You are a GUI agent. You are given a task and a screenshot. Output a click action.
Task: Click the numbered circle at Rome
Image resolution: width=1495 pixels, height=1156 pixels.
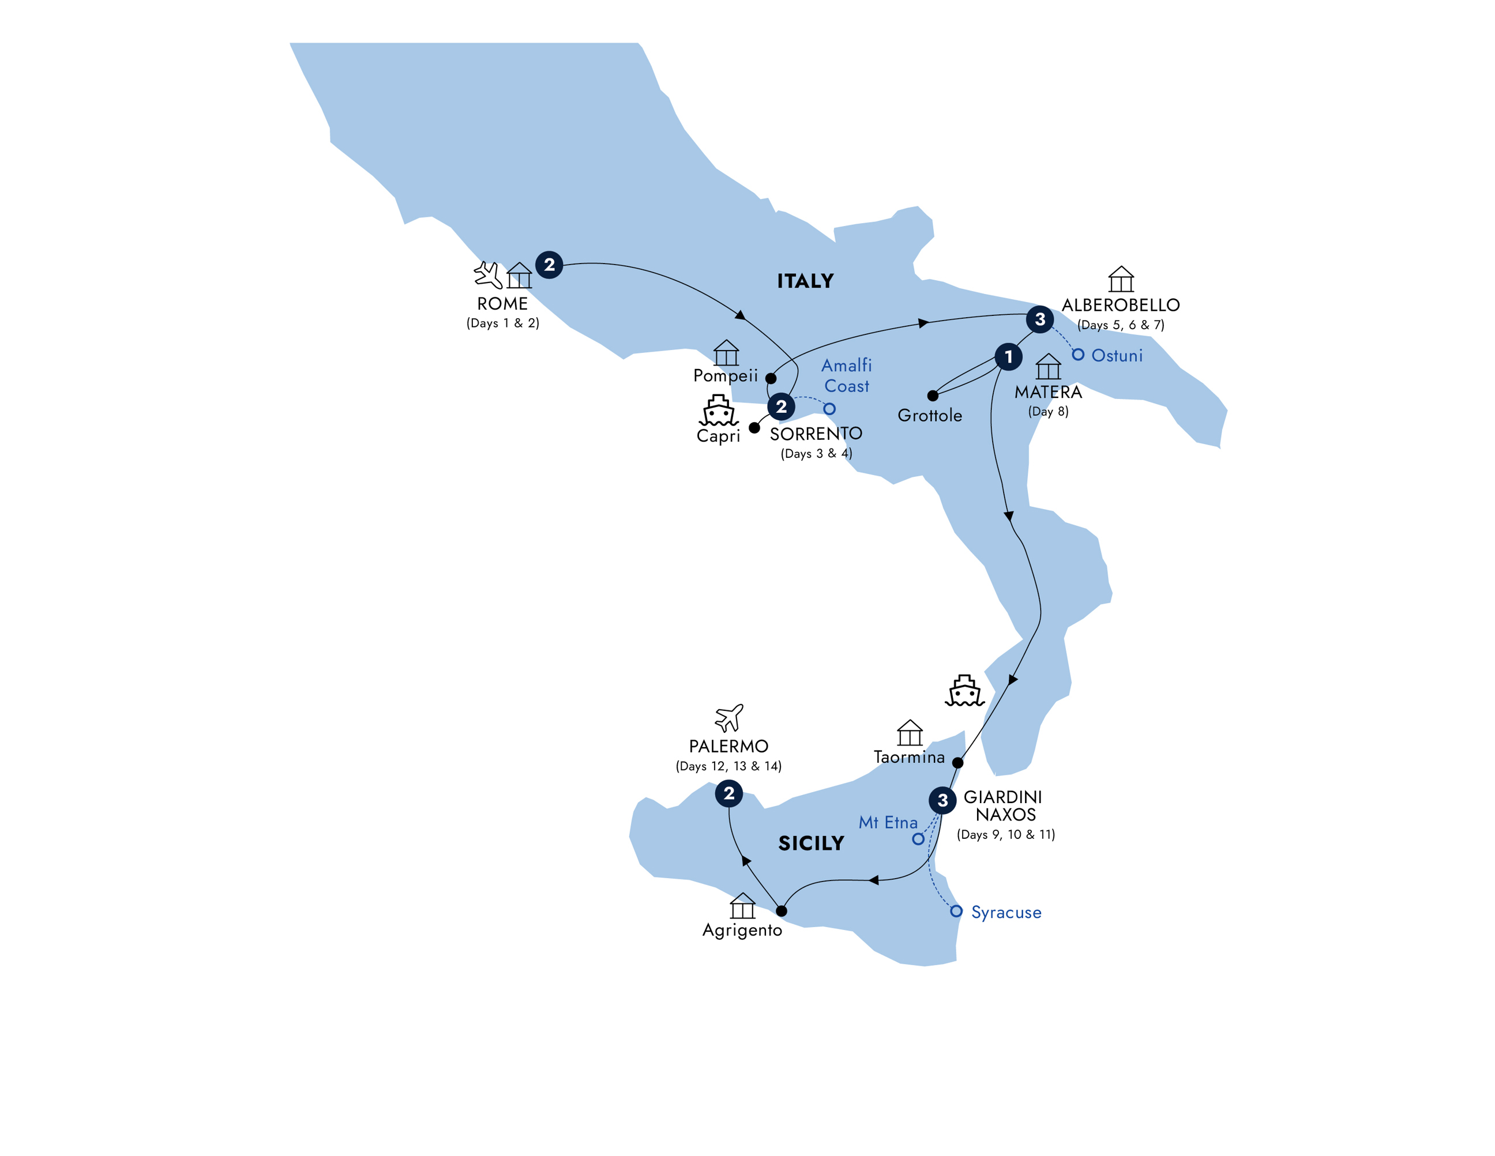pyautogui.click(x=549, y=265)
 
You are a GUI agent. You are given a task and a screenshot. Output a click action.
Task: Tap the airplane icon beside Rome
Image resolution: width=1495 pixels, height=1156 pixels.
pyautogui.click(x=488, y=275)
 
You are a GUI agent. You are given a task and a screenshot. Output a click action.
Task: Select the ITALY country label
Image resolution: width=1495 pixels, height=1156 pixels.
pyautogui.click(x=805, y=281)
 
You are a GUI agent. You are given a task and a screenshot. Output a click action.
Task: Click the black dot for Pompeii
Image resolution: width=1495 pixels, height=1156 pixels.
pyautogui.click(x=771, y=378)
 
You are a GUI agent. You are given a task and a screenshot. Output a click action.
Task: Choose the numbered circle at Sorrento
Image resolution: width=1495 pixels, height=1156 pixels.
pyautogui.click(x=781, y=406)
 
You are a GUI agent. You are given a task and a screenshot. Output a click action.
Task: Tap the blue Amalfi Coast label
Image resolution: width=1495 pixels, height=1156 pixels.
pyautogui.click(x=847, y=376)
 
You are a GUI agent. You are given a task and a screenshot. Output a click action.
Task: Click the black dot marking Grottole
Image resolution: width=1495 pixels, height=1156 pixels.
pyautogui.click(x=932, y=396)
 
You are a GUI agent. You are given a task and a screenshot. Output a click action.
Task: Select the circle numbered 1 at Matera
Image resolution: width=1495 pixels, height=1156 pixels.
pyautogui.click(x=1008, y=356)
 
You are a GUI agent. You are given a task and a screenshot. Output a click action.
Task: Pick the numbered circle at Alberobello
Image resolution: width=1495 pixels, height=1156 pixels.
pyautogui.click(x=1040, y=319)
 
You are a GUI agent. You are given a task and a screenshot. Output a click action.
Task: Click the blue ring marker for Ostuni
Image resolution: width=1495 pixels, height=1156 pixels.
pyautogui.click(x=1078, y=355)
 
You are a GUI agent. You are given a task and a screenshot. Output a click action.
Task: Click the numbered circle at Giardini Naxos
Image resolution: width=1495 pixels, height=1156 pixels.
pyautogui.click(x=942, y=800)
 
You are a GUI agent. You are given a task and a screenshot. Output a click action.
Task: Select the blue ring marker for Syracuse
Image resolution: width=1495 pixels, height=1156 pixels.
pyautogui.click(x=956, y=911)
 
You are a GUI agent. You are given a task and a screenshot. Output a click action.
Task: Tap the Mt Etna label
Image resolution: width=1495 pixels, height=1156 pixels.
pyautogui.click(x=888, y=823)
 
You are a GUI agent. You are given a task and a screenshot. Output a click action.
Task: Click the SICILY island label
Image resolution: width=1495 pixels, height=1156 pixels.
pyautogui.click(x=811, y=843)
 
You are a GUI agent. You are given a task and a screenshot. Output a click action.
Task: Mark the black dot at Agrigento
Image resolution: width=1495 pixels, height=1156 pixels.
pyautogui.click(x=781, y=911)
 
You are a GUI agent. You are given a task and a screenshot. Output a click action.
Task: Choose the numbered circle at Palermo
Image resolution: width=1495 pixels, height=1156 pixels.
pyautogui.click(x=729, y=794)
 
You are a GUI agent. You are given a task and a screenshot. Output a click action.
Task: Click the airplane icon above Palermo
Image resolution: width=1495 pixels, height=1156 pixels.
pyautogui.click(x=729, y=718)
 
